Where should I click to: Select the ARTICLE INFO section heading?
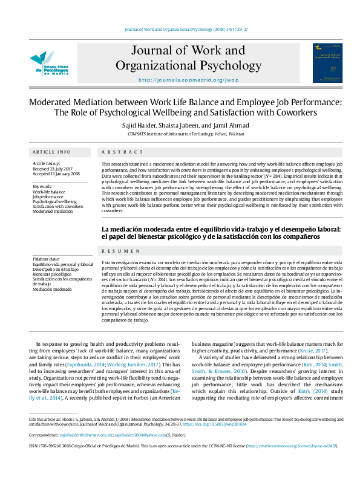(x=51, y=152)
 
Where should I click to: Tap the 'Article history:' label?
(x=47, y=163)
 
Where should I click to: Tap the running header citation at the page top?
(x=180, y=29)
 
